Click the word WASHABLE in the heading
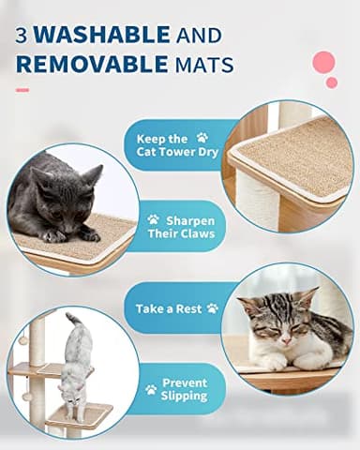point(104,36)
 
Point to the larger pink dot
point(323,63)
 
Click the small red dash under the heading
point(22,91)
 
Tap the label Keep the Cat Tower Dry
point(173,144)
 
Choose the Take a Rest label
point(176,307)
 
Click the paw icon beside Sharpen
point(153,219)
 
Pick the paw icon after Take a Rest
point(213,307)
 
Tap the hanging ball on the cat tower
point(23,340)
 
